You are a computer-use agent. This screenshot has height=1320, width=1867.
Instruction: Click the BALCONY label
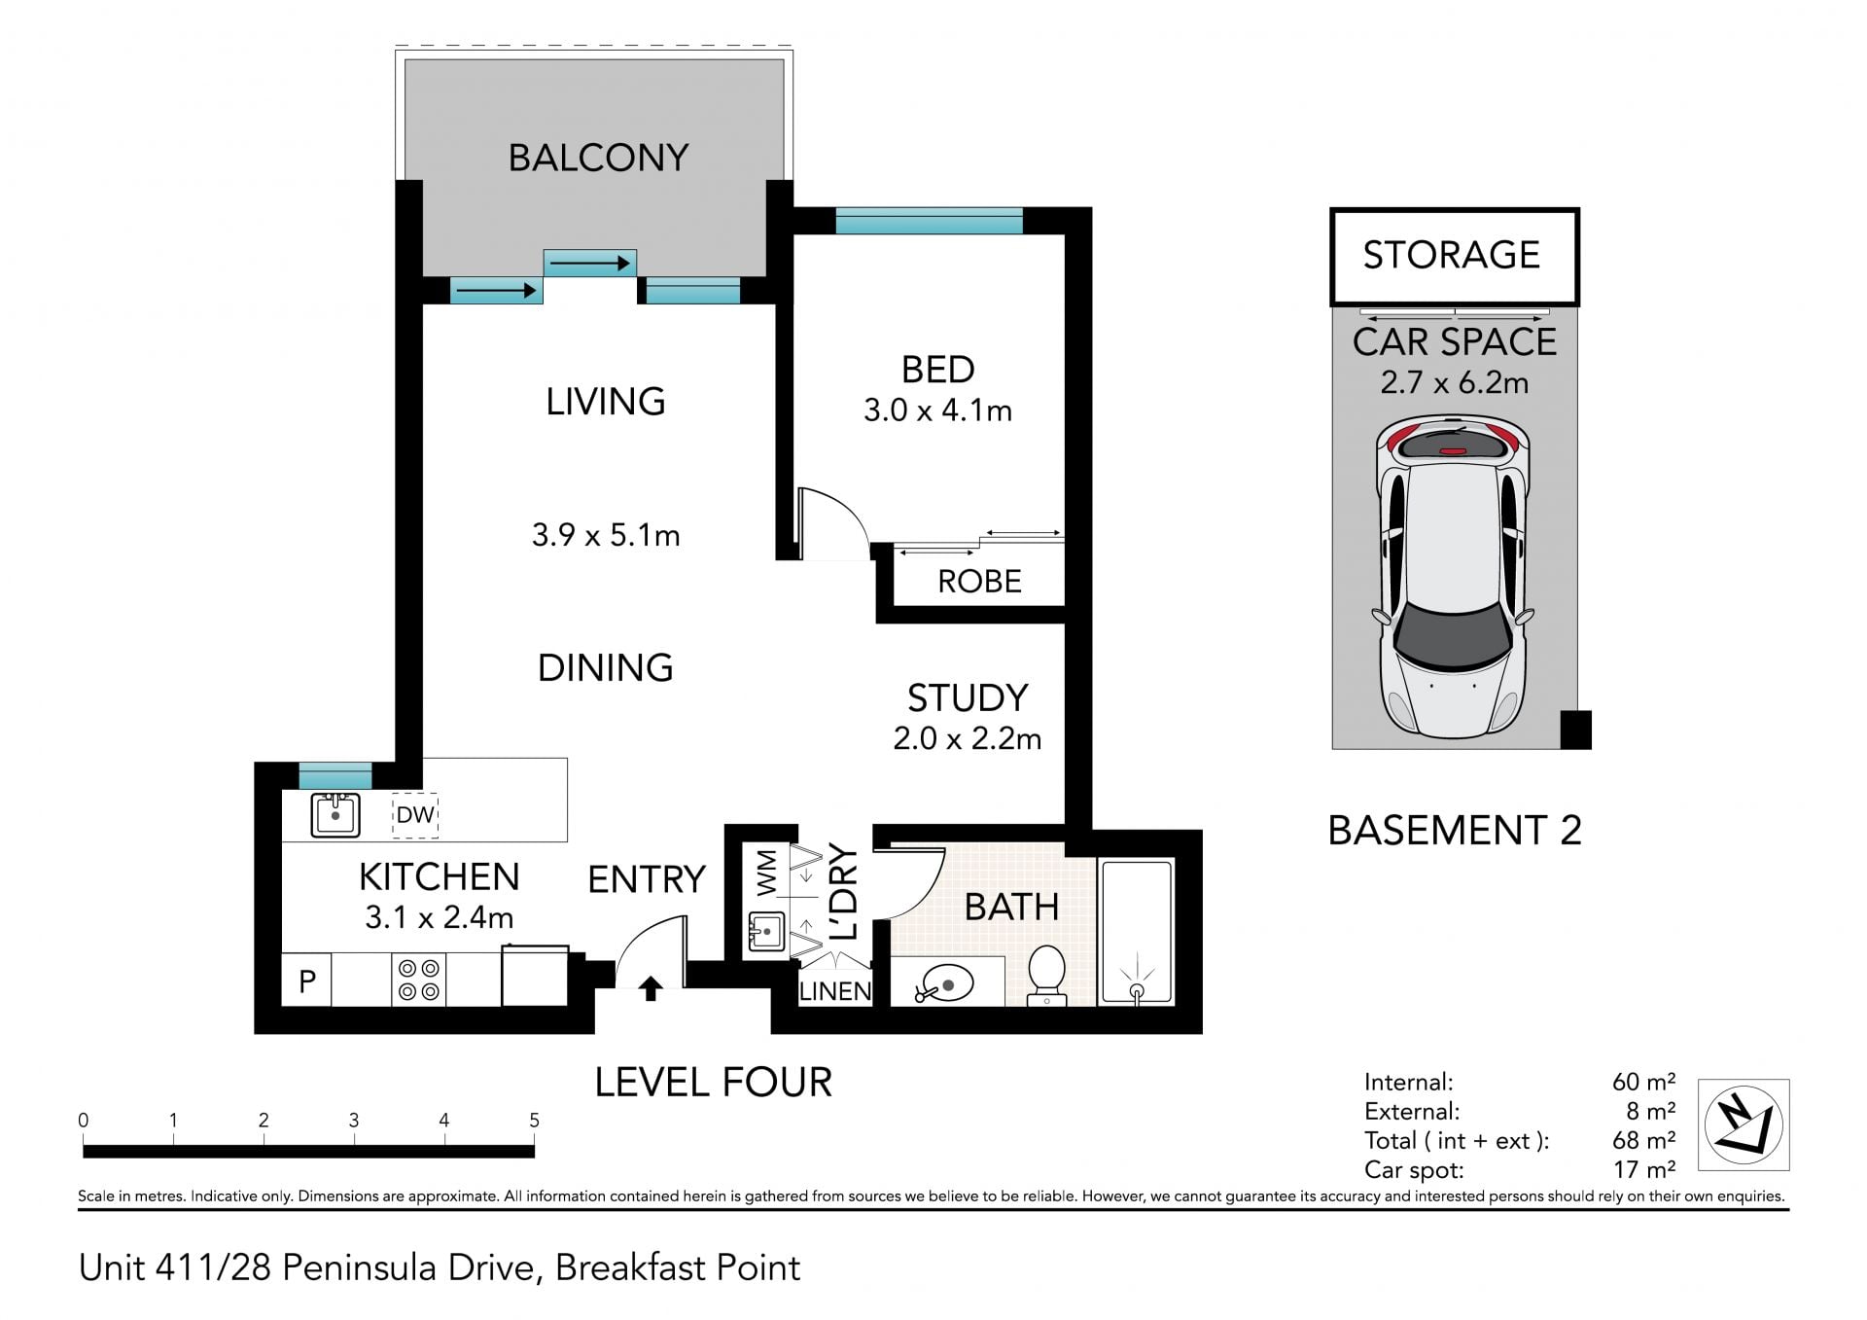coord(598,158)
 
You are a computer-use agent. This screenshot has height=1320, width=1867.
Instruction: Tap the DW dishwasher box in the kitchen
coord(415,815)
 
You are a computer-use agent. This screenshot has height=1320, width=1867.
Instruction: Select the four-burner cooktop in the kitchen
coord(419,980)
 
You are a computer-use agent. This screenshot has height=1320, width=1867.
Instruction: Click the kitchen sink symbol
coord(335,815)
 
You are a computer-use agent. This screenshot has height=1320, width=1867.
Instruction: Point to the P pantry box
coord(307,981)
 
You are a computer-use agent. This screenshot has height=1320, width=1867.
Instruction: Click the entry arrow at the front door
coord(651,989)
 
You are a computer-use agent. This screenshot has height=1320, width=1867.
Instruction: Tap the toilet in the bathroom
coord(1047,975)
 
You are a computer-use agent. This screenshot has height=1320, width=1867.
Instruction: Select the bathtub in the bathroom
coord(1136,932)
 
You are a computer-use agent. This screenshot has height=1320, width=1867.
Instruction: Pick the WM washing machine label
coord(766,873)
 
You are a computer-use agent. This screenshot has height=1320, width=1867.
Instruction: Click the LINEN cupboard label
coord(835,991)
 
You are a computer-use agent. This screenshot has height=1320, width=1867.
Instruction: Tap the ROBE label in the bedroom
coord(979,582)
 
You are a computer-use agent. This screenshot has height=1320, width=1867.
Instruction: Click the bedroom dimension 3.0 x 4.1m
coord(937,410)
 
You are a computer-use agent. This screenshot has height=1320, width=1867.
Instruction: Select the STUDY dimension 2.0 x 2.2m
coord(967,739)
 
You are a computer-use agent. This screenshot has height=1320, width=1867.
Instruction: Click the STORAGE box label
coord(1451,255)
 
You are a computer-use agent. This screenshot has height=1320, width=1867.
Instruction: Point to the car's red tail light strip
coord(1452,451)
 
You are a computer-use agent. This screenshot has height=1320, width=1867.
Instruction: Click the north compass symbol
coord(1744,1124)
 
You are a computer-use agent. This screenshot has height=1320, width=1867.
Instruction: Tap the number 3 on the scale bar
coord(354,1121)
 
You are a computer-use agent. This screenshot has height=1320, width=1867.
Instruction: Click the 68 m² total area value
coord(1643,1140)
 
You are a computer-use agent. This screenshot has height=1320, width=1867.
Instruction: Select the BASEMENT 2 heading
coord(1455,831)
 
